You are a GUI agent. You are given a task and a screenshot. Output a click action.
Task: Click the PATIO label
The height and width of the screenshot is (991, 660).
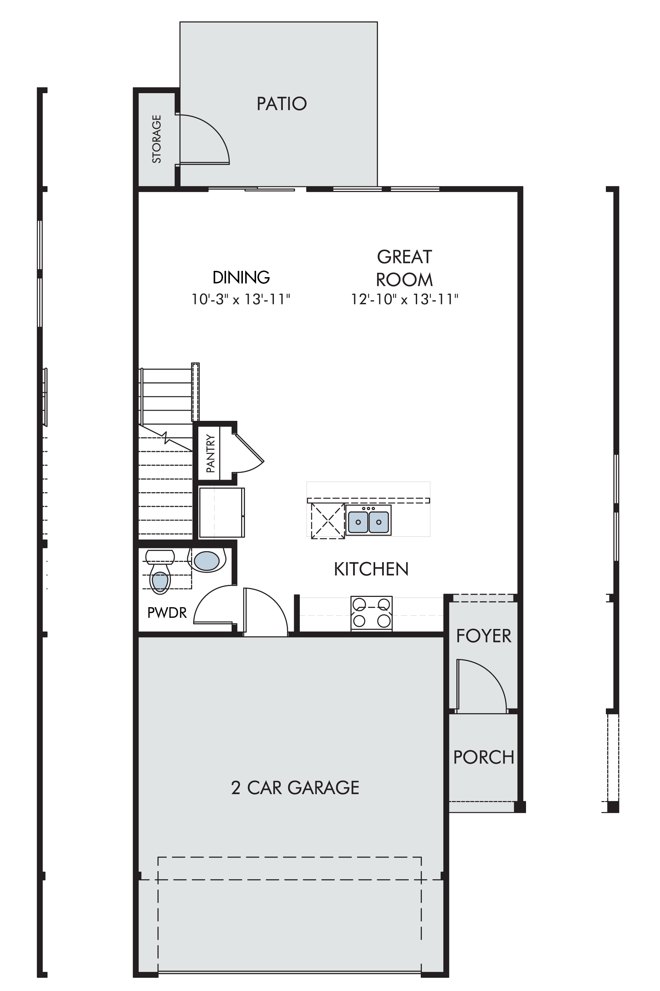(x=281, y=104)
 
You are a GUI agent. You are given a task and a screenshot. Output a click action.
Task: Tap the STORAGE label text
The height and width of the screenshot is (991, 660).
(x=156, y=139)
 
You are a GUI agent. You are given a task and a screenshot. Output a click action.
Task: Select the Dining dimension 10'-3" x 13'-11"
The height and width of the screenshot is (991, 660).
(x=241, y=300)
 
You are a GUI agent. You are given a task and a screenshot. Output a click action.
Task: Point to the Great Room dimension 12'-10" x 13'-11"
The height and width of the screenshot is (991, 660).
(x=405, y=300)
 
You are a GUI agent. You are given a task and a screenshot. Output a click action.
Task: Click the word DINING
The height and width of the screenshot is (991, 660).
(x=241, y=277)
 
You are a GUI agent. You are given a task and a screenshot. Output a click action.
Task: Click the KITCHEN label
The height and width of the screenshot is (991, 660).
(x=371, y=569)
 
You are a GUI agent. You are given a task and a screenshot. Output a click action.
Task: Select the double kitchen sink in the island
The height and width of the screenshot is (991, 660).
(x=368, y=520)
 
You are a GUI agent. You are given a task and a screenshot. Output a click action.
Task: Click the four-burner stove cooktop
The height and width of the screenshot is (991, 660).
(x=371, y=613)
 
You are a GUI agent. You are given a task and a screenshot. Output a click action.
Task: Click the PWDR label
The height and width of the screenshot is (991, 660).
(x=167, y=613)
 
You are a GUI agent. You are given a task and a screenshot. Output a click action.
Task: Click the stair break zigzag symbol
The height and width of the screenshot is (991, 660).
(x=167, y=438)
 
